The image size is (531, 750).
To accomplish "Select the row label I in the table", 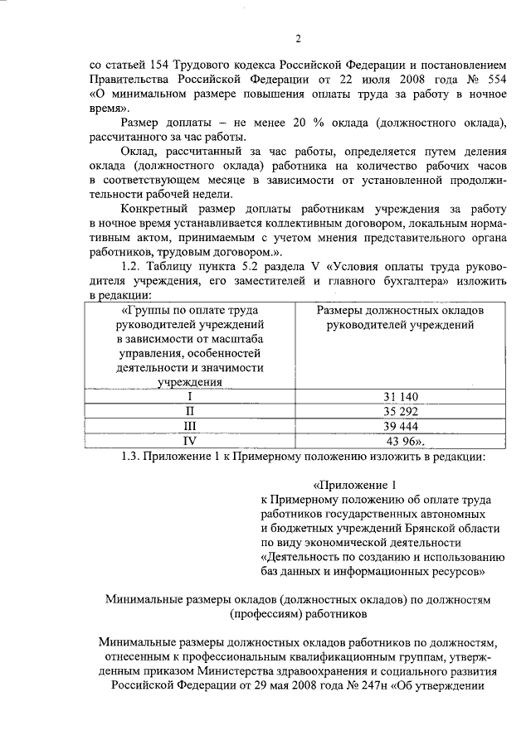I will pos(189,397).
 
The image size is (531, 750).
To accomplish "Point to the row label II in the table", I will pos(189,412).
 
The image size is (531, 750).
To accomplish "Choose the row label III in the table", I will pos(189,427).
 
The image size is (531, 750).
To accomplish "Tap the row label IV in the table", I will pos(189,441).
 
